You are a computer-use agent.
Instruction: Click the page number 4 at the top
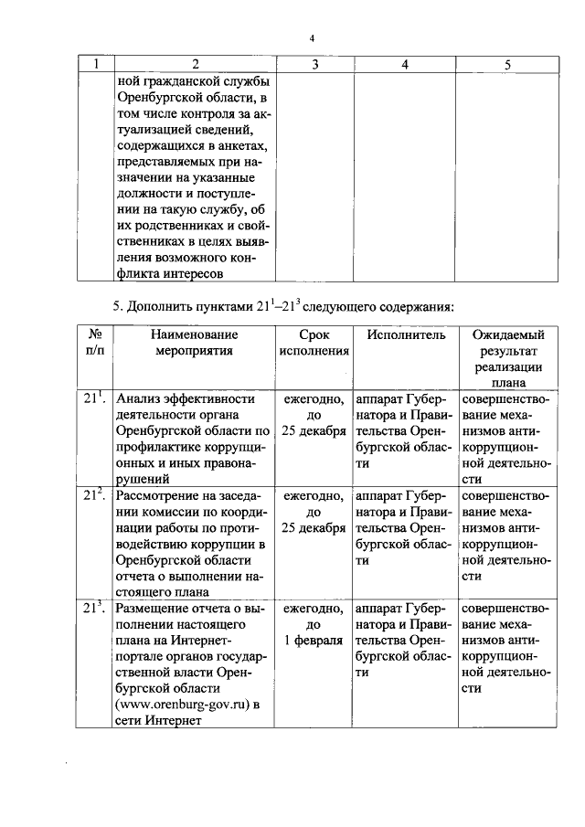point(312,38)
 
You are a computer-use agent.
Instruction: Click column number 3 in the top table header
point(314,63)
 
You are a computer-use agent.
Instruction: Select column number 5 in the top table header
point(507,63)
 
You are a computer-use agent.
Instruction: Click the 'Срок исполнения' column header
point(314,343)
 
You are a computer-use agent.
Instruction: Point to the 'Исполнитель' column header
point(406,335)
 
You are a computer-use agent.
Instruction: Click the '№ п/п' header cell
point(94,343)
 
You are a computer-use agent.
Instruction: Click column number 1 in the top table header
point(94,63)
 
